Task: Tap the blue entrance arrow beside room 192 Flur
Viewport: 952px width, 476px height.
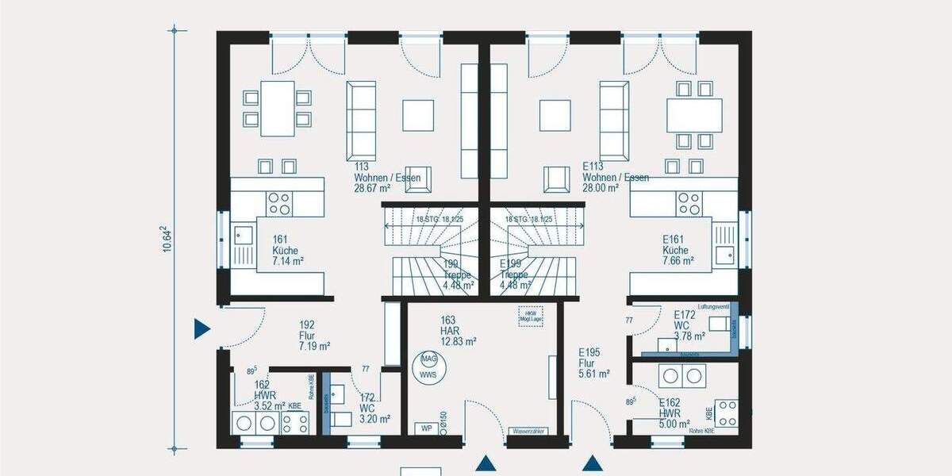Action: tap(202, 328)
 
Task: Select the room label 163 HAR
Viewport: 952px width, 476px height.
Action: tap(458, 332)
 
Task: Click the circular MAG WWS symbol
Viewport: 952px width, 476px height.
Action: tap(429, 366)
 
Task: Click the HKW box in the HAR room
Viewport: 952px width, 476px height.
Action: tap(529, 315)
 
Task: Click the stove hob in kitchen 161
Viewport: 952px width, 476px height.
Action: tap(278, 203)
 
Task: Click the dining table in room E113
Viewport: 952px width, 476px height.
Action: tap(694, 115)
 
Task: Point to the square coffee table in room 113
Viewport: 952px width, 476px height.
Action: tap(418, 115)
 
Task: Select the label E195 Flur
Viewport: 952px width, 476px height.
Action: tap(593, 363)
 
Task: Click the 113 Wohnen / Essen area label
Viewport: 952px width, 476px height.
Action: tap(387, 178)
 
